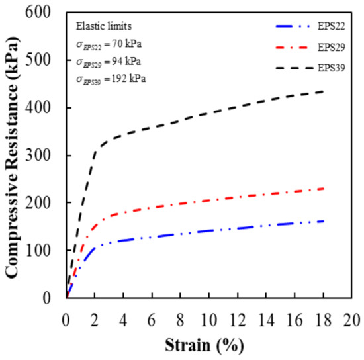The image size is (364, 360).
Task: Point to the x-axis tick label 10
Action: point(208,313)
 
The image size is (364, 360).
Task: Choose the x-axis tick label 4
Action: point(123,313)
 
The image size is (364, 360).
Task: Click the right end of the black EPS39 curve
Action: point(323,91)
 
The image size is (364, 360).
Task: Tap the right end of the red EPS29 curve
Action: point(323,189)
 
